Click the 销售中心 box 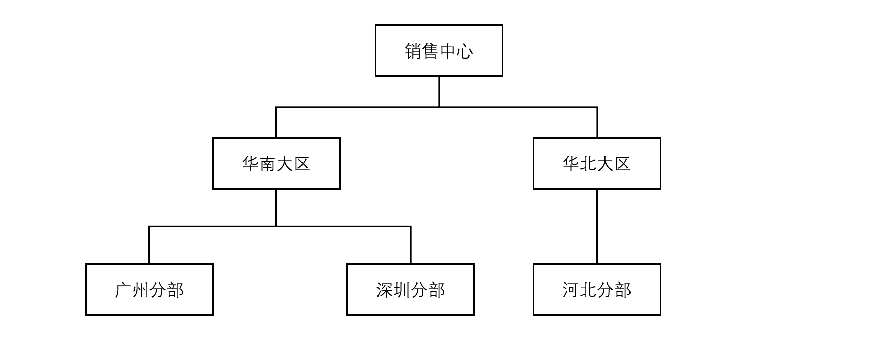439,51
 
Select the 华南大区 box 276,164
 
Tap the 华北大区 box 597,164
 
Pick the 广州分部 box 149,290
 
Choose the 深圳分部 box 411,290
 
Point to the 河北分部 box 597,290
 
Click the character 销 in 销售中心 413,51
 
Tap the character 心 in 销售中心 465,51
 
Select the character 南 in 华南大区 268,164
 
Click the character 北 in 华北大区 588,164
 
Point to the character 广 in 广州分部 123,290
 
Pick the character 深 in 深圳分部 385,290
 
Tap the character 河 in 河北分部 571,290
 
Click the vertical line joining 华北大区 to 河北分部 597,226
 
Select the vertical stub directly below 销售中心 439,92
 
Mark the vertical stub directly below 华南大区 276,208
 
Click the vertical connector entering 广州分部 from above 149,245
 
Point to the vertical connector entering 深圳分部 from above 411,245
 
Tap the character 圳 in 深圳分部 402,290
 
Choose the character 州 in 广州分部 141,290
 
